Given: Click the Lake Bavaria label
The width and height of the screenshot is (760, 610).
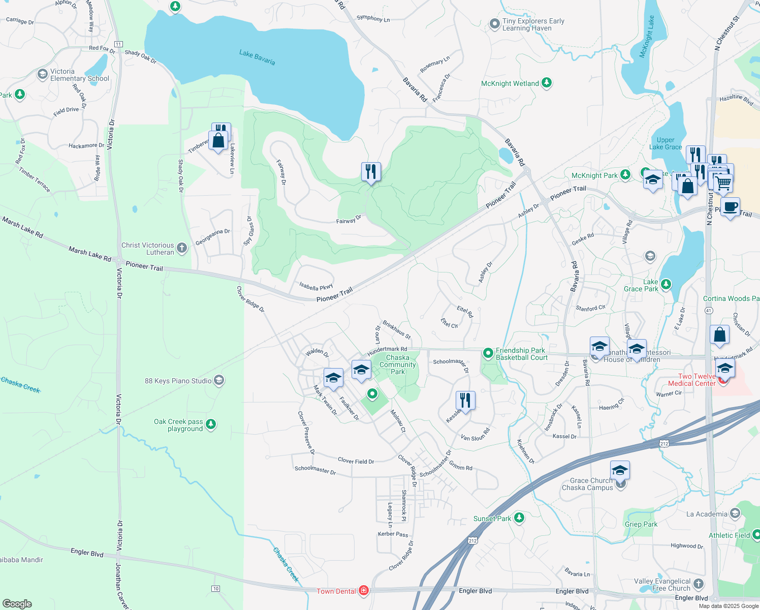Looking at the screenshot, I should point(257,57).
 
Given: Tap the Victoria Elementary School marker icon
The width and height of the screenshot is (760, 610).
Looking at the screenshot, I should point(43,75).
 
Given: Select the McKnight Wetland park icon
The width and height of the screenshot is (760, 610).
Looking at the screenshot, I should point(547,82).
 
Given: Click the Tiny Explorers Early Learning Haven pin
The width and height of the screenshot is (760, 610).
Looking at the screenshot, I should point(494,24).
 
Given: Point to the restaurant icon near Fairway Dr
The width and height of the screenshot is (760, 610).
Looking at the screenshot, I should point(371,172).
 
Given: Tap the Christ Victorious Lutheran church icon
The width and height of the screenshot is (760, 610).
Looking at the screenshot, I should point(182,249).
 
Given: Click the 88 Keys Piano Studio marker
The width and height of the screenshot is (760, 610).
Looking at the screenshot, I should point(218,380).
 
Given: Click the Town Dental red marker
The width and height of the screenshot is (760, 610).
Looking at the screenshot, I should point(363,590).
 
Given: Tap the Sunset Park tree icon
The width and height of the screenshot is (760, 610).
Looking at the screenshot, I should point(519,517).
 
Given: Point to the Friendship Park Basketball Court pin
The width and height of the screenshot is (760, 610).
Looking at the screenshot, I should point(488,353).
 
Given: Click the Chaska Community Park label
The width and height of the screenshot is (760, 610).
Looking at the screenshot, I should point(398,364).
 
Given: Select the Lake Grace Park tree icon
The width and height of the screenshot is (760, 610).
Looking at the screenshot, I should point(666,284).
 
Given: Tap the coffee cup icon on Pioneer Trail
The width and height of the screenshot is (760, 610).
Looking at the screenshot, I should point(730,207).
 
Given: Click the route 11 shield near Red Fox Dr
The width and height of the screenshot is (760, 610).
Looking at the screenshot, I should point(118,44).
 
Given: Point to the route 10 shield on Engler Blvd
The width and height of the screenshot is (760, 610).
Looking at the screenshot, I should point(216,589).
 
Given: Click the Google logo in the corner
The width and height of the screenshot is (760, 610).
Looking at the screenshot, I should point(17,603).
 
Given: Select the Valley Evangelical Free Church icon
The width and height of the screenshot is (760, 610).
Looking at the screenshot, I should point(699,584).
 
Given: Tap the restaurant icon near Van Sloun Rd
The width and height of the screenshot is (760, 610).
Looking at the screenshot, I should point(465,400).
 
